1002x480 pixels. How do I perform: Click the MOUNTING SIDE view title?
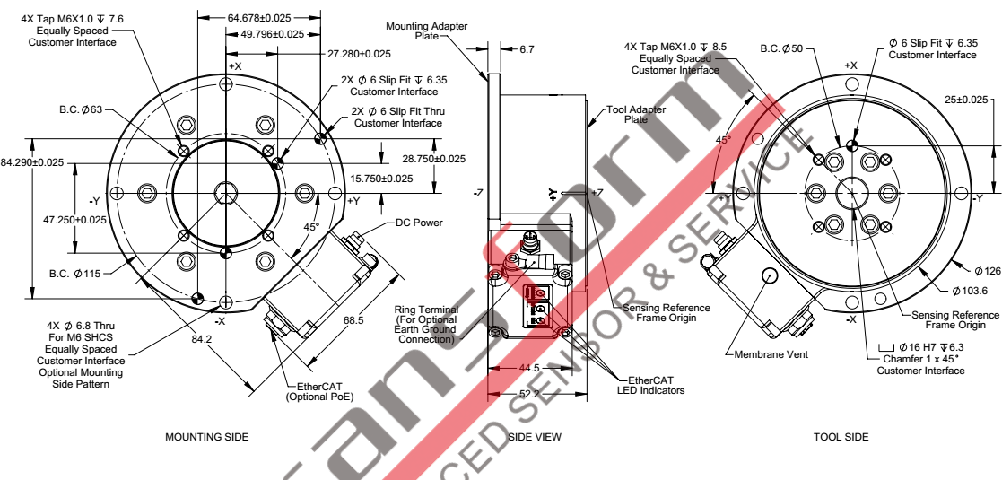click(x=207, y=437)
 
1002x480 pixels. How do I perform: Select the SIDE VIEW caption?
click(x=535, y=437)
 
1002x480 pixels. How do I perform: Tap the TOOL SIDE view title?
click(x=840, y=437)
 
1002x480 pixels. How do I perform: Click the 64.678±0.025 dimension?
click(x=259, y=17)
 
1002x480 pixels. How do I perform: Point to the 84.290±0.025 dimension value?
click(x=33, y=162)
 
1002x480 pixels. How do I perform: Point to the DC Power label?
click(x=420, y=223)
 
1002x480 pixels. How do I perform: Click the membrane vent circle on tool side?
click(x=768, y=275)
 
